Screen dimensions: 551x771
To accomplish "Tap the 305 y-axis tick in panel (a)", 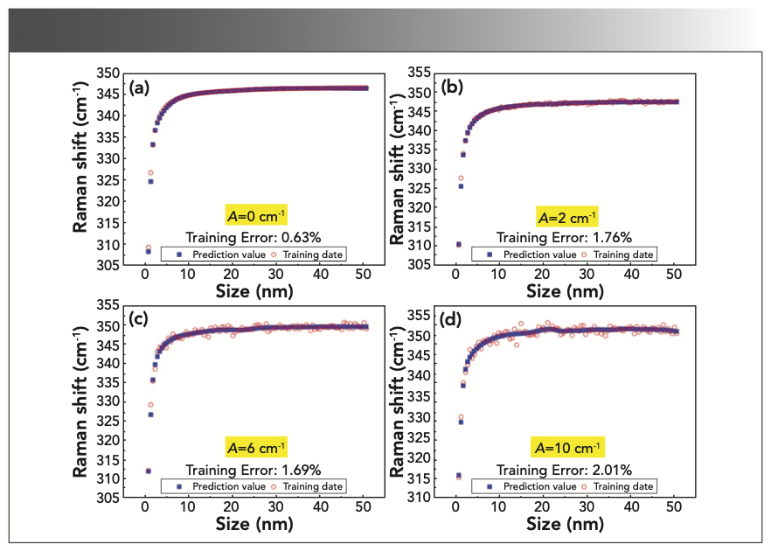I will click(x=113, y=264).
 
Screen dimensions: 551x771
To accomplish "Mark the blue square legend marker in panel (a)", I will click(x=178, y=254).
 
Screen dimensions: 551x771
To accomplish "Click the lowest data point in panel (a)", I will click(x=148, y=251).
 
